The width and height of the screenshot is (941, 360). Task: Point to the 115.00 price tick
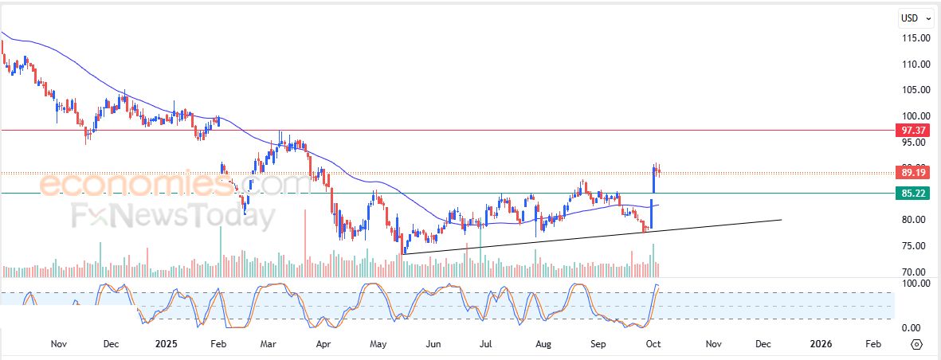coord(916,38)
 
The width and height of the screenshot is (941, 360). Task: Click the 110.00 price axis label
coord(916,65)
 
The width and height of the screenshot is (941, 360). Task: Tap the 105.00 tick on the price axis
coord(916,90)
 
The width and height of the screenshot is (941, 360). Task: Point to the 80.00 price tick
coord(916,220)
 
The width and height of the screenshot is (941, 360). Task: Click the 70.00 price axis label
coord(916,272)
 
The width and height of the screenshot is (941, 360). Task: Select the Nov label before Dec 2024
coord(57,344)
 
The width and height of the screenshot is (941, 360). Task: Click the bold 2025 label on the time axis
coord(166,344)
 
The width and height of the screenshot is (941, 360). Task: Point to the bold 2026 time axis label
coord(821,344)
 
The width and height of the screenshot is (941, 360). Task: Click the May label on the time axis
coord(378,344)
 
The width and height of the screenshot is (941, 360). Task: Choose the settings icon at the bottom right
coord(916,344)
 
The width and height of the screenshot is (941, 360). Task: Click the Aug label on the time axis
coord(543,344)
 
